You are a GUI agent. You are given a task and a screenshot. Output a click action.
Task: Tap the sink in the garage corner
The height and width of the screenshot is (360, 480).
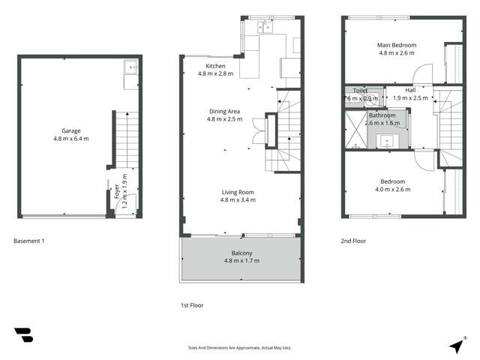point(131,67)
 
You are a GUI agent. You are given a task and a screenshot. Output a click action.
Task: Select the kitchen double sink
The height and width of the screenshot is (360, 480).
point(265,28)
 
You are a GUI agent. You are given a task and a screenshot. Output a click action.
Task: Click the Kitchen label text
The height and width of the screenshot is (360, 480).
point(215,66)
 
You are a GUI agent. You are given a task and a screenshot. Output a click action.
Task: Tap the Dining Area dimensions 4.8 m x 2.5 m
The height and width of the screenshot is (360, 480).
point(224,118)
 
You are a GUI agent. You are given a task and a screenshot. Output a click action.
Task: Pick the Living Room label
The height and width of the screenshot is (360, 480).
point(238,192)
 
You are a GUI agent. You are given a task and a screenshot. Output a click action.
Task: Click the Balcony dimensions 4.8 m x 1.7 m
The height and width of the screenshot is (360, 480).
point(241,260)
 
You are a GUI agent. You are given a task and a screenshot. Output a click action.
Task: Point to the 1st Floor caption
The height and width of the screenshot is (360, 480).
point(192,305)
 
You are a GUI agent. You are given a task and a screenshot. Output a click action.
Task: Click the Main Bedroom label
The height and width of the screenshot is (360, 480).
point(396,45)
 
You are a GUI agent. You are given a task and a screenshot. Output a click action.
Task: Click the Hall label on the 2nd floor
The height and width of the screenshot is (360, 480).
point(410,90)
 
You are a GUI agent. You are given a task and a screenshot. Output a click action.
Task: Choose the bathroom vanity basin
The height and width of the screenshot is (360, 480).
point(388,140)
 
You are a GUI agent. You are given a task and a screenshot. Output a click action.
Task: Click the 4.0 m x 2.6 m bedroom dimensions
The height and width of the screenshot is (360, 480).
point(392,189)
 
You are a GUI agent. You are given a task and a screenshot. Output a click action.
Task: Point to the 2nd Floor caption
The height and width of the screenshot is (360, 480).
point(353,241)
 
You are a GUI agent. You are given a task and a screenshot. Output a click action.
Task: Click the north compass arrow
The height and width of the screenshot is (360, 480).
point(455,346)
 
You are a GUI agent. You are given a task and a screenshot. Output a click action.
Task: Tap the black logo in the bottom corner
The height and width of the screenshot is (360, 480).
point(23,335)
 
